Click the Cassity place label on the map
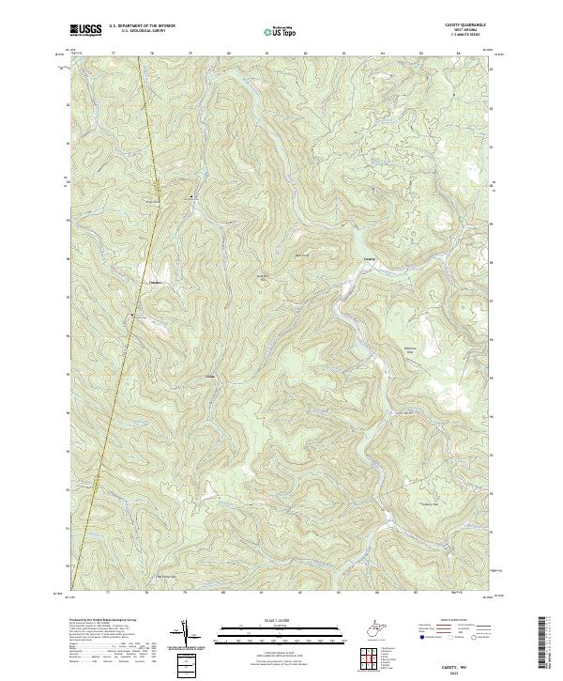click(369, 259)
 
